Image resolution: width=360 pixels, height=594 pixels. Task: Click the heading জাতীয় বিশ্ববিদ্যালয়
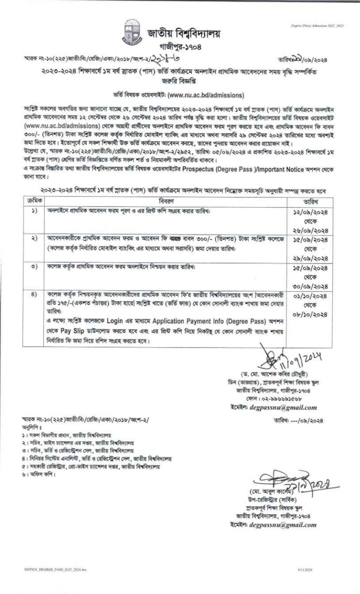tap(184, 34)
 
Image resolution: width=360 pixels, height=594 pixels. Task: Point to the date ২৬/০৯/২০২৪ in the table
tap(310, 230)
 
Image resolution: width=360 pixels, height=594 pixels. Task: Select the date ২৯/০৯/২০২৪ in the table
tap(310, 258)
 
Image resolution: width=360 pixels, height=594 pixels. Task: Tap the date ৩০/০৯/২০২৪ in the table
tap(310, 286)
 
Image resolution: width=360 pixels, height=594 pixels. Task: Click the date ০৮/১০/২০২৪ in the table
tap(310, 314)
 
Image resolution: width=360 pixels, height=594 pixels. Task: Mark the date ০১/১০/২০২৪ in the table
tap(310, 296)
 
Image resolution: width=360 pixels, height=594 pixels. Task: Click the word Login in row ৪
tap(115, 321)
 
